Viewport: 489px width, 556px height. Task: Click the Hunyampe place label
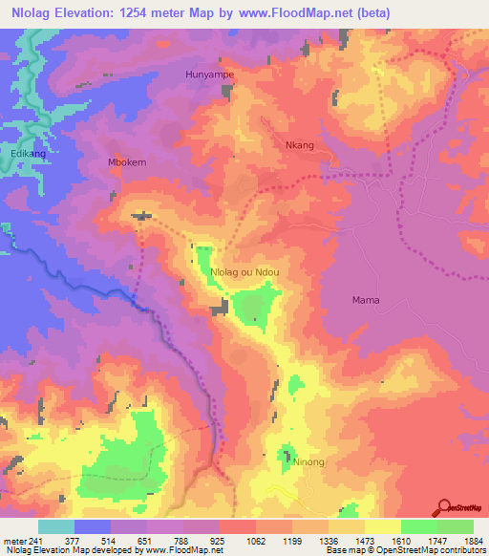tap(209, 73)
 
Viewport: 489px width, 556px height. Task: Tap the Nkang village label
tap(300, 145)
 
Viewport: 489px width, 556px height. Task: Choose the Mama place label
tap(366, 300)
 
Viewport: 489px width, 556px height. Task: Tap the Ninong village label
tap(309, 462)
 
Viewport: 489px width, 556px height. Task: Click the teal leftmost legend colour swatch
tap(56, 525)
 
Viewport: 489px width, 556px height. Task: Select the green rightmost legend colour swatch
tap(456, 525)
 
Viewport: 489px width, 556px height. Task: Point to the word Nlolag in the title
tap(29, 12)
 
